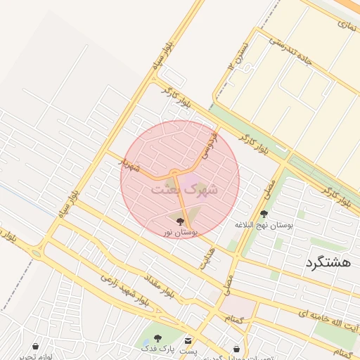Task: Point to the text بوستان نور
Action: [x=181, y=231]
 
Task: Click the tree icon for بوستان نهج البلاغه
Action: [x=264, y=214]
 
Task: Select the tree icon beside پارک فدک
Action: [x=157, y=339]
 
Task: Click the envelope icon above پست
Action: [x=187, y=340]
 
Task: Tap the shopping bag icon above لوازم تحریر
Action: [x=35, y=346]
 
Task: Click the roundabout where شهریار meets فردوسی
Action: [x=173, y=173]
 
